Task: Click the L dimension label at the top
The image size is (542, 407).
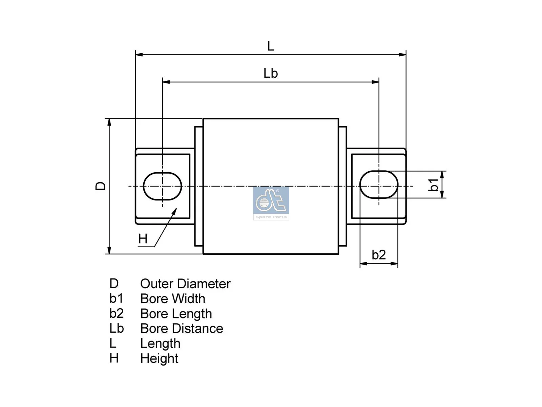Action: [270, 46]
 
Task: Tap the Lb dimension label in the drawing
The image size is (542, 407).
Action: [270, 73]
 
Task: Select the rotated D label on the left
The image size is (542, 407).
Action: [101, 186]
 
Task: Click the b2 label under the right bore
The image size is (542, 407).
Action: [378, 255]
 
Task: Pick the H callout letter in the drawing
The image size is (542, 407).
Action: [143, 239]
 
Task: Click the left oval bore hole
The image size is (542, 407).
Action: [163, 186]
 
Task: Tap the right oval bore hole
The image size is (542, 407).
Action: [379, 185]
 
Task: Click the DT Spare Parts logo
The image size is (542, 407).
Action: [271, 203]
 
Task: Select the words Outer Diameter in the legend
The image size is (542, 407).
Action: [185, 284]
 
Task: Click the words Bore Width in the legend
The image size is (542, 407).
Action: [172, 299]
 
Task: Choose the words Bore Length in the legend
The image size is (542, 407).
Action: [176, 314]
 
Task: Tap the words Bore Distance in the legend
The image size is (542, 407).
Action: [182, 329]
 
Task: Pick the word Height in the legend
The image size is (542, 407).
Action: [159, 358]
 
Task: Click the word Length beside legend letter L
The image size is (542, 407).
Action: [160, 344]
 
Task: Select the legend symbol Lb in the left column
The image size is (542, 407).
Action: [116, 328]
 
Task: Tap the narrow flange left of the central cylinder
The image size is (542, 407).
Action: [199, 186]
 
